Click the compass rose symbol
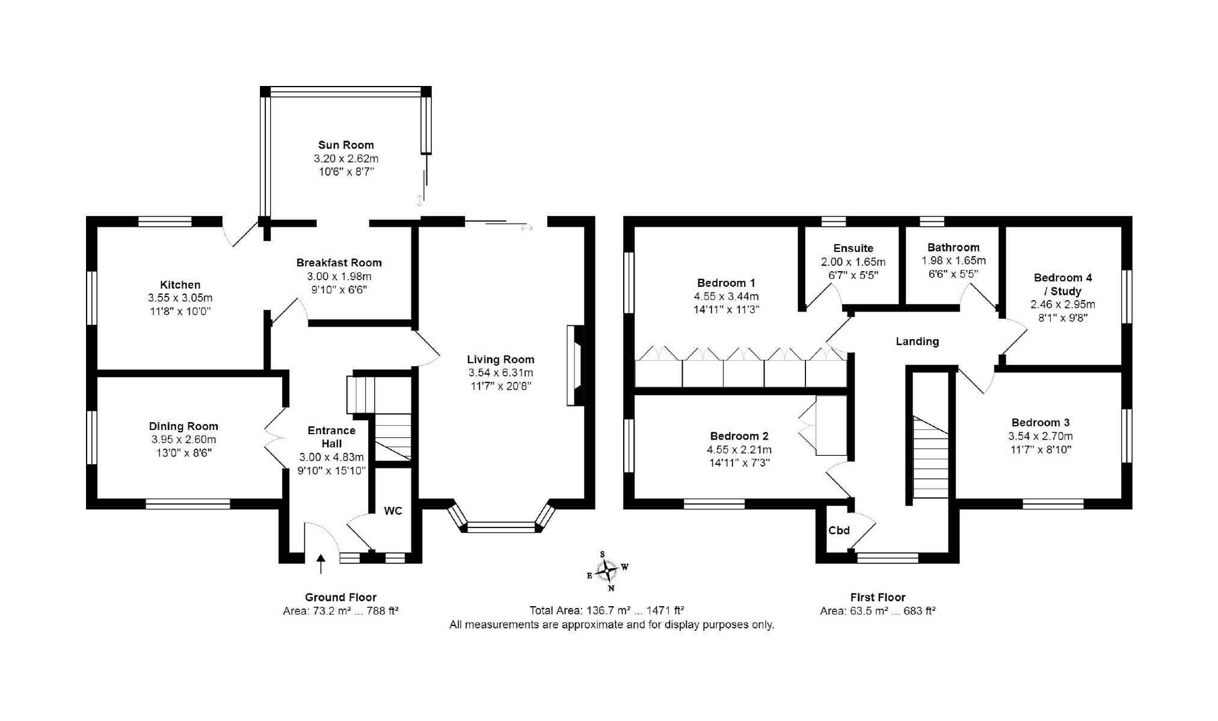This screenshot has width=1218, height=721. pos(608,570)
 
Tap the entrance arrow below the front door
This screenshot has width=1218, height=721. pos(321,563)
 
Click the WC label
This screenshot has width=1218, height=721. pos(393,511)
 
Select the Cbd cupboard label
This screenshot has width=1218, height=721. pos(839,530)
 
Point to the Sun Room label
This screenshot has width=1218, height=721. pos(346,145)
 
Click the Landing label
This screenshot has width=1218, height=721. pos(917,342)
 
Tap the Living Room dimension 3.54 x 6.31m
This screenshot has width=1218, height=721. pos(500,373)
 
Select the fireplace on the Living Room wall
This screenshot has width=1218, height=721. pos(574,366)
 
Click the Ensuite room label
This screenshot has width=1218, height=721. pos(853,248)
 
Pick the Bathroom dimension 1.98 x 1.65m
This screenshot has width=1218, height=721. pos(953,261)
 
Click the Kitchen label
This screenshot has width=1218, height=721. pos(180,285)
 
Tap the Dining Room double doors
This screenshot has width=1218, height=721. pos(276,438)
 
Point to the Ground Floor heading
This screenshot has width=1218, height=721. pos(340,597)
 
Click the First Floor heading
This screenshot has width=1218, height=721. pos(878,597)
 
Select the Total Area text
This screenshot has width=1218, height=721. pos(607,610)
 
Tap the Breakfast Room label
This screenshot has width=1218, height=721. pos(339,263)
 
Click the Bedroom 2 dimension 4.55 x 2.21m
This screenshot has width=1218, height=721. pos(739,450)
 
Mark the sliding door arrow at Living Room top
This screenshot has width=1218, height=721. pos(527,228)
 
